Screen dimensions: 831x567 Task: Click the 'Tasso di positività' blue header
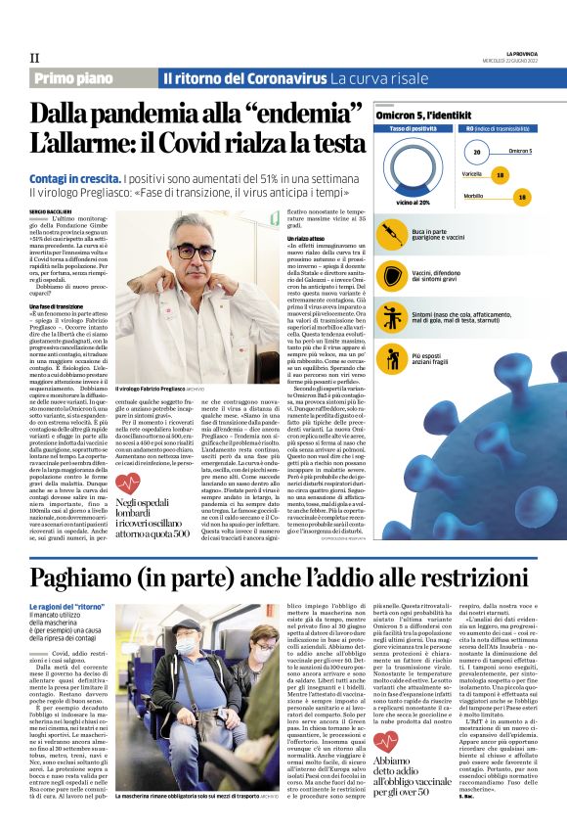point(414,129)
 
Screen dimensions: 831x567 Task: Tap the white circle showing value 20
point(476,153)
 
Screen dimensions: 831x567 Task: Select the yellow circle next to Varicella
point(501,174)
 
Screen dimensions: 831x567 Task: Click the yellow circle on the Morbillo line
point(523,197)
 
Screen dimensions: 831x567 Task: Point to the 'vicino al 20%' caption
point(413,202)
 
